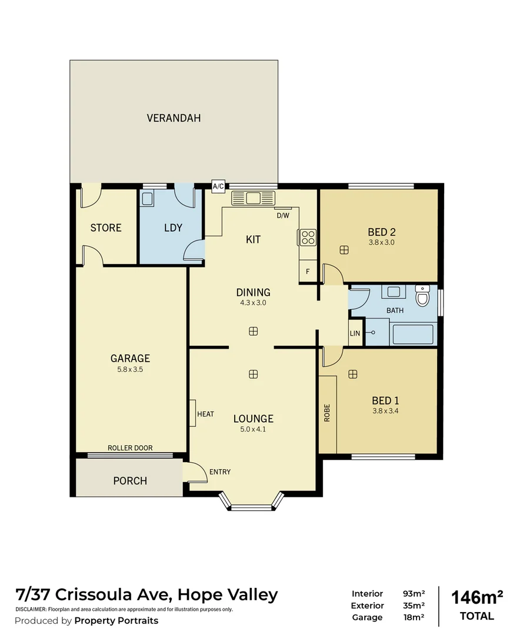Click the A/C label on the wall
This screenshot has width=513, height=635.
218,187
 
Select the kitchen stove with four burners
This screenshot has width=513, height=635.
308,237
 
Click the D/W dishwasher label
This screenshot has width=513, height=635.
283,215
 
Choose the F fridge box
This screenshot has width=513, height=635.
307,272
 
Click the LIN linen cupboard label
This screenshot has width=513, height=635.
355,333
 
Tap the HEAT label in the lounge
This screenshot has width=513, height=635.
205,414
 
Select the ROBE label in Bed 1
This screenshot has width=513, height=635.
327,413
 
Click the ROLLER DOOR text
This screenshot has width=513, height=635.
130,448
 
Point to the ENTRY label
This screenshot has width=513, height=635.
220,472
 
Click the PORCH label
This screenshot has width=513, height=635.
130,481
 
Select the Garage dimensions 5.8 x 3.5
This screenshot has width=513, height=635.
130,370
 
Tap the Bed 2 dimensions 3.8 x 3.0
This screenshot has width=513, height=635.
381,242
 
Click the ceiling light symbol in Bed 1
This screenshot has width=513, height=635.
352,374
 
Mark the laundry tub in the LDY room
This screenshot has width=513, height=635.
148,198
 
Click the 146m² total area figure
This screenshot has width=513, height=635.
477,597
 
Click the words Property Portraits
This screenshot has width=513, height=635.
116,621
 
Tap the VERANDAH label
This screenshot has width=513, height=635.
174,118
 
